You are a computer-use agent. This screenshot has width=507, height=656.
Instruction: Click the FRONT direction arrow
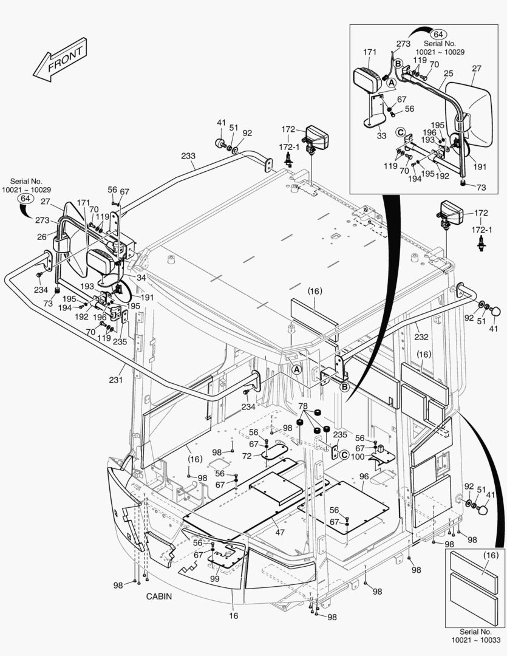click(x=59, y=64)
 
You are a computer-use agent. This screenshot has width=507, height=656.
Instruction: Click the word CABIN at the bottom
click(x=158, y=596)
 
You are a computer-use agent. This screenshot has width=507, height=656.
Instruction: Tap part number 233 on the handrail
click(x=188, y=156)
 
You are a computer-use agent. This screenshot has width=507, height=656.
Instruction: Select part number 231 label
click(x=115, y=380)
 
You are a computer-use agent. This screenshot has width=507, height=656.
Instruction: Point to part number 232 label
click(x=421, y=337)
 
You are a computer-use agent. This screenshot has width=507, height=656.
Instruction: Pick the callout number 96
click(x=364, y=476)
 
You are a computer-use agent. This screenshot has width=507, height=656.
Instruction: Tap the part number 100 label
click(x=358, y=456)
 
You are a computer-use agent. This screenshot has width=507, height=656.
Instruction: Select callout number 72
click(x=247, y=455)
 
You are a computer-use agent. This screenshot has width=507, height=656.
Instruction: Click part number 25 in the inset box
click(x=448, y=73)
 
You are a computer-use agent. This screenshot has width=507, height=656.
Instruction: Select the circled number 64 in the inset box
click(x=440, y=34)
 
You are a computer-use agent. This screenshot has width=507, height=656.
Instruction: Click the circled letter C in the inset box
click(x=400, y=132)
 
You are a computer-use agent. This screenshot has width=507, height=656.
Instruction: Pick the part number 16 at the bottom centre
click(x=234, y=615)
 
